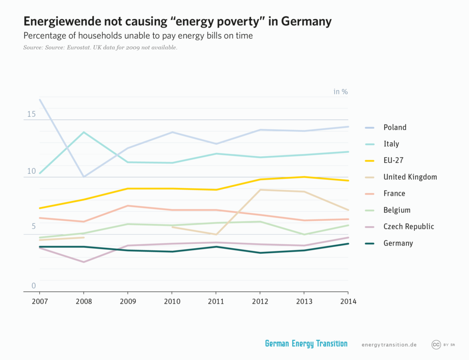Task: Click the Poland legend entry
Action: click(x=395, y=127)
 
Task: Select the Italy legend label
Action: click(x=391, y=144)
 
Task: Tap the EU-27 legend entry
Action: click(x=393, y=160)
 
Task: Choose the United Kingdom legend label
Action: click(x=410, y=177)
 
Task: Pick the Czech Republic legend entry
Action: click(x=409, y=226)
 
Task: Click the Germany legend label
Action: click(x=398, y=243)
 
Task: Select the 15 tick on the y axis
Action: click(x=31, y=114)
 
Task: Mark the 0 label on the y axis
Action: click(x=33, y=286)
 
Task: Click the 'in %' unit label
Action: click(x=340, y=92)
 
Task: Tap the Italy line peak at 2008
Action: click(x=83, y=132)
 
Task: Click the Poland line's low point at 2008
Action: click(x=83, y=176)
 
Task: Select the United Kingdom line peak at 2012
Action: click(x=260, y=190)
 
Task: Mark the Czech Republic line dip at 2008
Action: click(x=83, y=262)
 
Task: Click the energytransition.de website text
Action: click(x=389, y=344)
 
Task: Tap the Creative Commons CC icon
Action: click(x=436, y=344)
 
